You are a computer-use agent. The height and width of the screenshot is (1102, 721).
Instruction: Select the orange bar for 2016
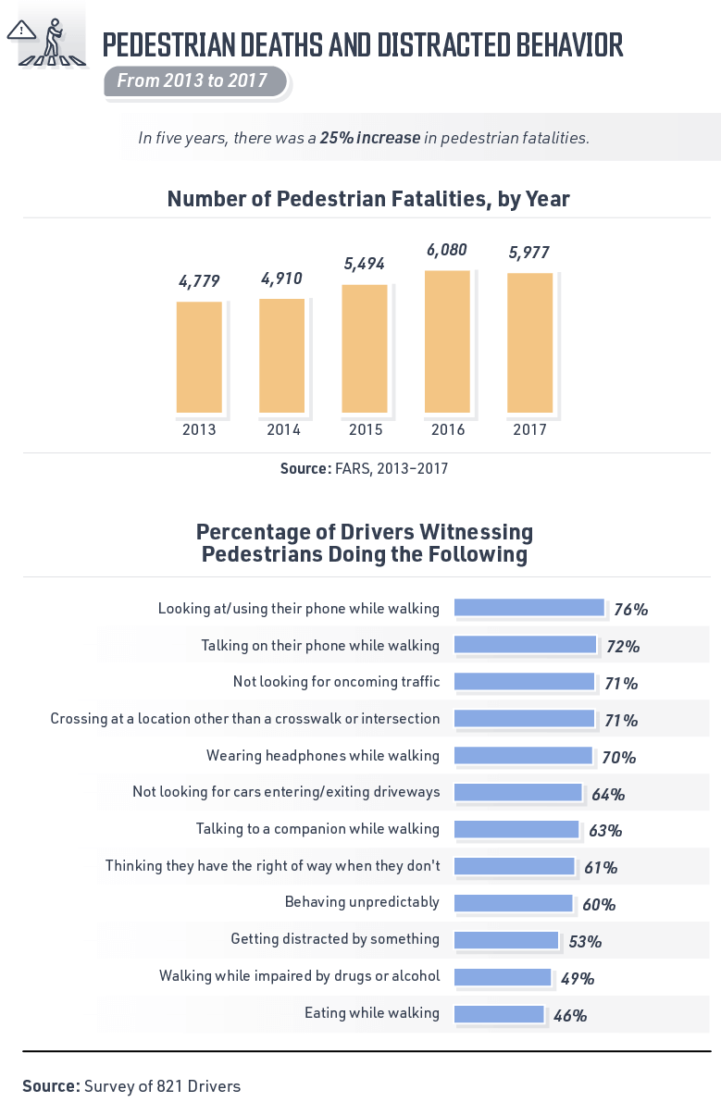[x=447, y=341]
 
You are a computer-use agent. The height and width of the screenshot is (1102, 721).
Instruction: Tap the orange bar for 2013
[x=199, y=357]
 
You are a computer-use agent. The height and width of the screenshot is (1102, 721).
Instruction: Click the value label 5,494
[x=365, y=264]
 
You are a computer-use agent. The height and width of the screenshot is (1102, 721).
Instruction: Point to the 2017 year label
[x=529, y=430]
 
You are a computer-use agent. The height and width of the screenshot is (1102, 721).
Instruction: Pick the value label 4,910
[x=282, y=278]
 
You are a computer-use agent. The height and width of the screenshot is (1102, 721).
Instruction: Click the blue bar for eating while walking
[x=498, y=1014]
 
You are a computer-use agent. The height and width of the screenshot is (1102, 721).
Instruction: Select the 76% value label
[x=630, y=610]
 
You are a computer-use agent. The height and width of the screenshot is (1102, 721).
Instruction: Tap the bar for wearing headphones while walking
[x=523, y=756]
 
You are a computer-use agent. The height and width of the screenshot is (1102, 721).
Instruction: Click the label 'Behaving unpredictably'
[x=362, y=902]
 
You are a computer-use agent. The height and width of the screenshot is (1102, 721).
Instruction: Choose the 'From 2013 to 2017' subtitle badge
[x=193, y=81]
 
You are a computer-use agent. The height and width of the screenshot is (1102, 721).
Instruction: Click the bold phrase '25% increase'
[x=369, y=138]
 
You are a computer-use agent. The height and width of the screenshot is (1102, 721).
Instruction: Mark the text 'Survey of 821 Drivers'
[x=162, y=1086]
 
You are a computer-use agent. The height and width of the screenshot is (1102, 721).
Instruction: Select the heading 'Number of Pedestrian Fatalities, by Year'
[x=368, y=199]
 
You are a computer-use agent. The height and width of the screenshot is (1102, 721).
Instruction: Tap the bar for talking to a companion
[x=516, y=829]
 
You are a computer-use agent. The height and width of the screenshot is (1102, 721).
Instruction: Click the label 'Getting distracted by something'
[x=335, y=939]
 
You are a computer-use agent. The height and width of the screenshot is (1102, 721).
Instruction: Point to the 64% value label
[x=607, y=795]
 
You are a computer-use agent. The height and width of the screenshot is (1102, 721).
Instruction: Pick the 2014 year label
[x=282, y=430]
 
